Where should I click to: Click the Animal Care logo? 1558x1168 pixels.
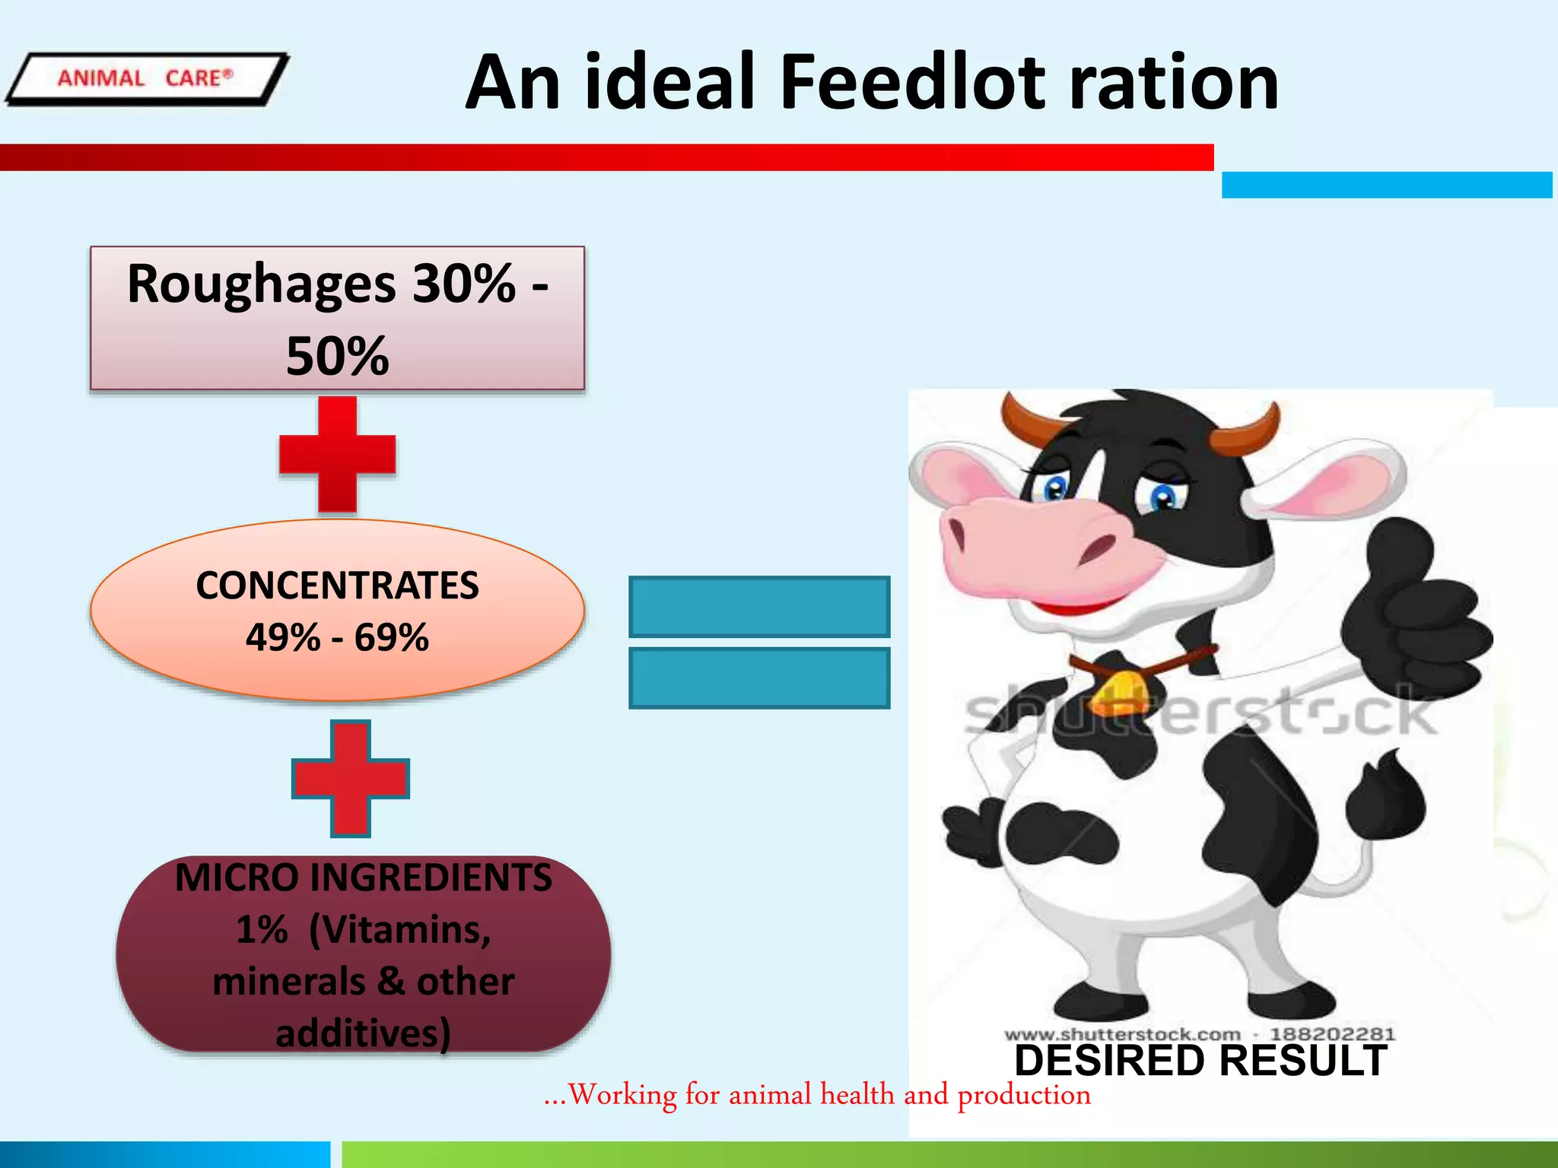click(146, 78)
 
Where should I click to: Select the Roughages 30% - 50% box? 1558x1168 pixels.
click(337, 318)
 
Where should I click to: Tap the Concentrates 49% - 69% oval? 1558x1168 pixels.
click(337, 610)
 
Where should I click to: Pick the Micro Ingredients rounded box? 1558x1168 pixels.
click(363, 954)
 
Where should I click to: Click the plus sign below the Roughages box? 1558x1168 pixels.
click(337, 454)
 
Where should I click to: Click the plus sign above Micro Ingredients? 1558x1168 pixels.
click(351, 779)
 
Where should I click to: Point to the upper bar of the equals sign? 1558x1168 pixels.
click(759, 606)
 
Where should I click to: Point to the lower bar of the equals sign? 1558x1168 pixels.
click(759, 678)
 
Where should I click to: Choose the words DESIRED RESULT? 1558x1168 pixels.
click(1200, 1060)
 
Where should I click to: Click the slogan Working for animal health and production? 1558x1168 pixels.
click(818, 1095)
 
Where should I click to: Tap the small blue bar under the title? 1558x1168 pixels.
click(1386, 185)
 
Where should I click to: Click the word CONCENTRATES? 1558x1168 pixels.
click(337, 586)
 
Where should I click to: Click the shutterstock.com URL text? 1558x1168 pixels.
click(1122, 1034)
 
